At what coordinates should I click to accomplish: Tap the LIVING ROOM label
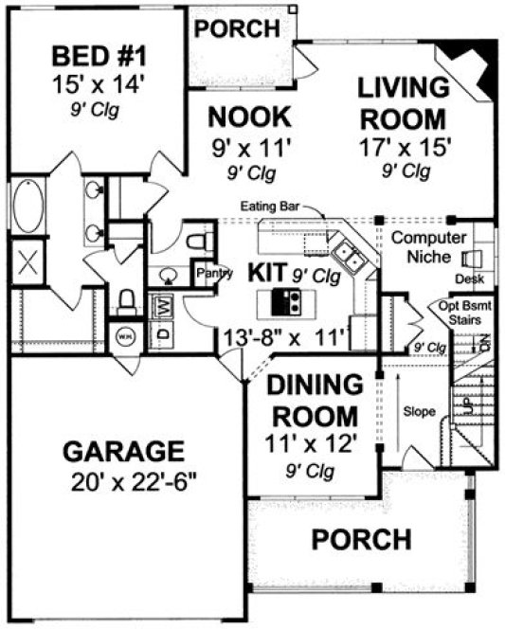403,103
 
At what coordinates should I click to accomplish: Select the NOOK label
248,117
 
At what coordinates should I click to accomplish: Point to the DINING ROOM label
312,400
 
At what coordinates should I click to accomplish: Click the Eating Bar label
264,206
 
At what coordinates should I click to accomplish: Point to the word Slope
418,412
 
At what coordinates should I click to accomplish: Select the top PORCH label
236,28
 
